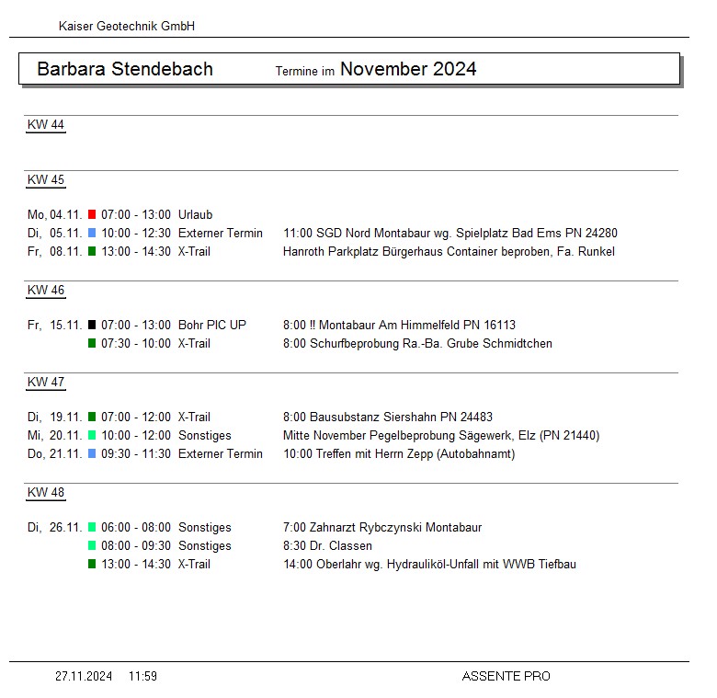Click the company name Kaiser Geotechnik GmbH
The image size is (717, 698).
point(126,27)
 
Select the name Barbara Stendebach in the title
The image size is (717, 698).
point(125,69)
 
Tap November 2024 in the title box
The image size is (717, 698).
point(408,69)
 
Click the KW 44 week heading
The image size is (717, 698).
point(46,125)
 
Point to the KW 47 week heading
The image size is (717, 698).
point(46,383)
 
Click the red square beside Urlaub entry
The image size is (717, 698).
point(92,214)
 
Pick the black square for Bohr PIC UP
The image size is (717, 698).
point(92,325)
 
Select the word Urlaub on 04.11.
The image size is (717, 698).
point(195,214)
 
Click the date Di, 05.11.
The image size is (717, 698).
point(54,233)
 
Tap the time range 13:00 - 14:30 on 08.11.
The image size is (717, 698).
point(136,251)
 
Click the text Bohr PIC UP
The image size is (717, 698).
point(212,325)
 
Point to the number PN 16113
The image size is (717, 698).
point(497,325)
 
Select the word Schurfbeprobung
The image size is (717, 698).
point(350,343)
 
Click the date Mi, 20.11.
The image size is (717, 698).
point(54,435)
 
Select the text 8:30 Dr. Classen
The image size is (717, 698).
point(327,545)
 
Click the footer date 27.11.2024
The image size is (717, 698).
point(84,676)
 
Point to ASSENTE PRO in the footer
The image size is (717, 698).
point(506,676)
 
